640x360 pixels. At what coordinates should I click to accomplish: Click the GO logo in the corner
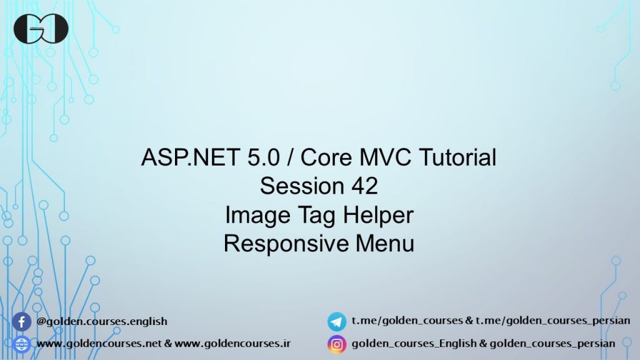41,29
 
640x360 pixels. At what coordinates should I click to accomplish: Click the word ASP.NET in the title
190,157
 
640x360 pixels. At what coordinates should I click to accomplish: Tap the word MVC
385,157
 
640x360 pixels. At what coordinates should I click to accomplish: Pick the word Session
302,186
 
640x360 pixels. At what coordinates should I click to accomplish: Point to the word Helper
378,214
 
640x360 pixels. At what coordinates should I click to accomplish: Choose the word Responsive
286,244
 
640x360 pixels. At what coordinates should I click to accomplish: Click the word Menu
385,243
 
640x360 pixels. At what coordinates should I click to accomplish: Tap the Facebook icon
22,322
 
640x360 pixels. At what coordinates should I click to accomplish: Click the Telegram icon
337,321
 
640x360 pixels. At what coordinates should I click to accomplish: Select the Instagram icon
337,344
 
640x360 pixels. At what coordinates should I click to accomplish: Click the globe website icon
22,344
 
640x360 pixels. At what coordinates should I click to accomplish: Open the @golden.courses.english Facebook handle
102,321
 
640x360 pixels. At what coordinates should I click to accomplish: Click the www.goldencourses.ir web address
232,343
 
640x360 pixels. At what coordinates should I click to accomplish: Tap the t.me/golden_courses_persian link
552,321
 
